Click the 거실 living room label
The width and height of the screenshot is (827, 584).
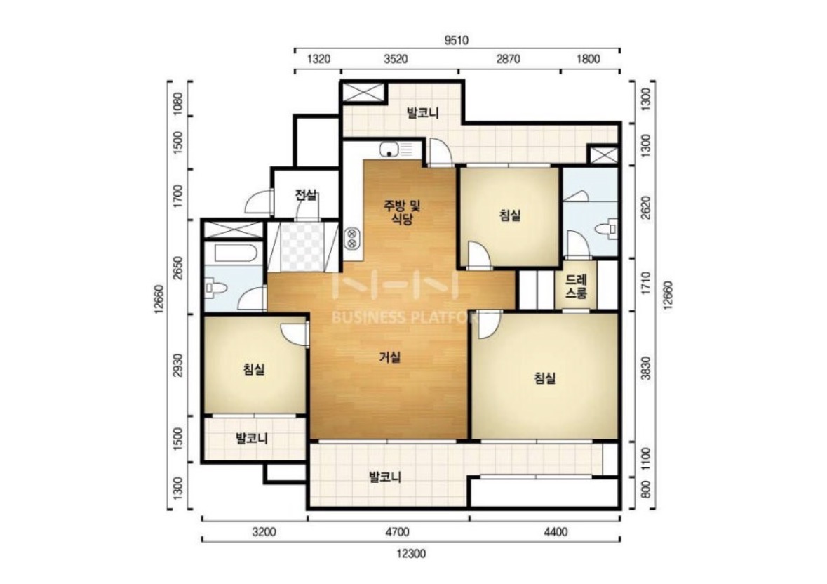(390, 357)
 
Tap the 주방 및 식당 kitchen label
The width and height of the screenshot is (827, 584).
(401, 213)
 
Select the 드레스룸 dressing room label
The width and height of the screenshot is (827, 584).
(575, 286)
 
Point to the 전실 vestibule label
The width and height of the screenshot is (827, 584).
(306, 195)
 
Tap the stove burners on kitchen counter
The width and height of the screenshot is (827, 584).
(352, 238)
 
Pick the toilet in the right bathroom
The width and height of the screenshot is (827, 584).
(607, 229)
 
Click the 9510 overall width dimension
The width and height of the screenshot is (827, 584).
(456, 40)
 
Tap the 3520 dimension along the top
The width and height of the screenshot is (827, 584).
(396, 58)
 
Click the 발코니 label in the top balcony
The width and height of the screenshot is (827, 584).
(423, 112)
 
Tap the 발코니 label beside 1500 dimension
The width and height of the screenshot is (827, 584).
(252, 438)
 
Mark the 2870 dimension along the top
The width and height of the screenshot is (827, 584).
(508, 58)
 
